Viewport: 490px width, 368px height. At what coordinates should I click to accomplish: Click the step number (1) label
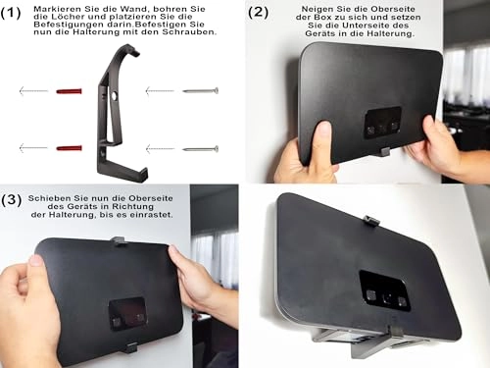11,13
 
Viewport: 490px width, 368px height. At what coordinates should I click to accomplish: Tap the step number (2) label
258,13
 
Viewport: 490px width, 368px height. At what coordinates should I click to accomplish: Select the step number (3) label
12,200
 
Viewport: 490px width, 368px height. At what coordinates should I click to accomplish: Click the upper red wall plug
69,91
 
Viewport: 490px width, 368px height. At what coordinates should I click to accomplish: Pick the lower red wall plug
69,148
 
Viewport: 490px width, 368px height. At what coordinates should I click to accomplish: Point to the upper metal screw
200,90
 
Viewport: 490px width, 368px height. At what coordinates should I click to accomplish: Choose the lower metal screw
200,149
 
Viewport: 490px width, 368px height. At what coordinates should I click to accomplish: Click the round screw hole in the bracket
115,96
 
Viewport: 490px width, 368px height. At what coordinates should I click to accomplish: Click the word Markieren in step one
52,9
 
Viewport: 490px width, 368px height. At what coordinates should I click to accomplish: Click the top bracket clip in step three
118,241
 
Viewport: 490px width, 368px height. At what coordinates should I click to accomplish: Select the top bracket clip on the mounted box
371,221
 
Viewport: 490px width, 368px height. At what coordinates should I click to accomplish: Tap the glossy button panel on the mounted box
384,290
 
